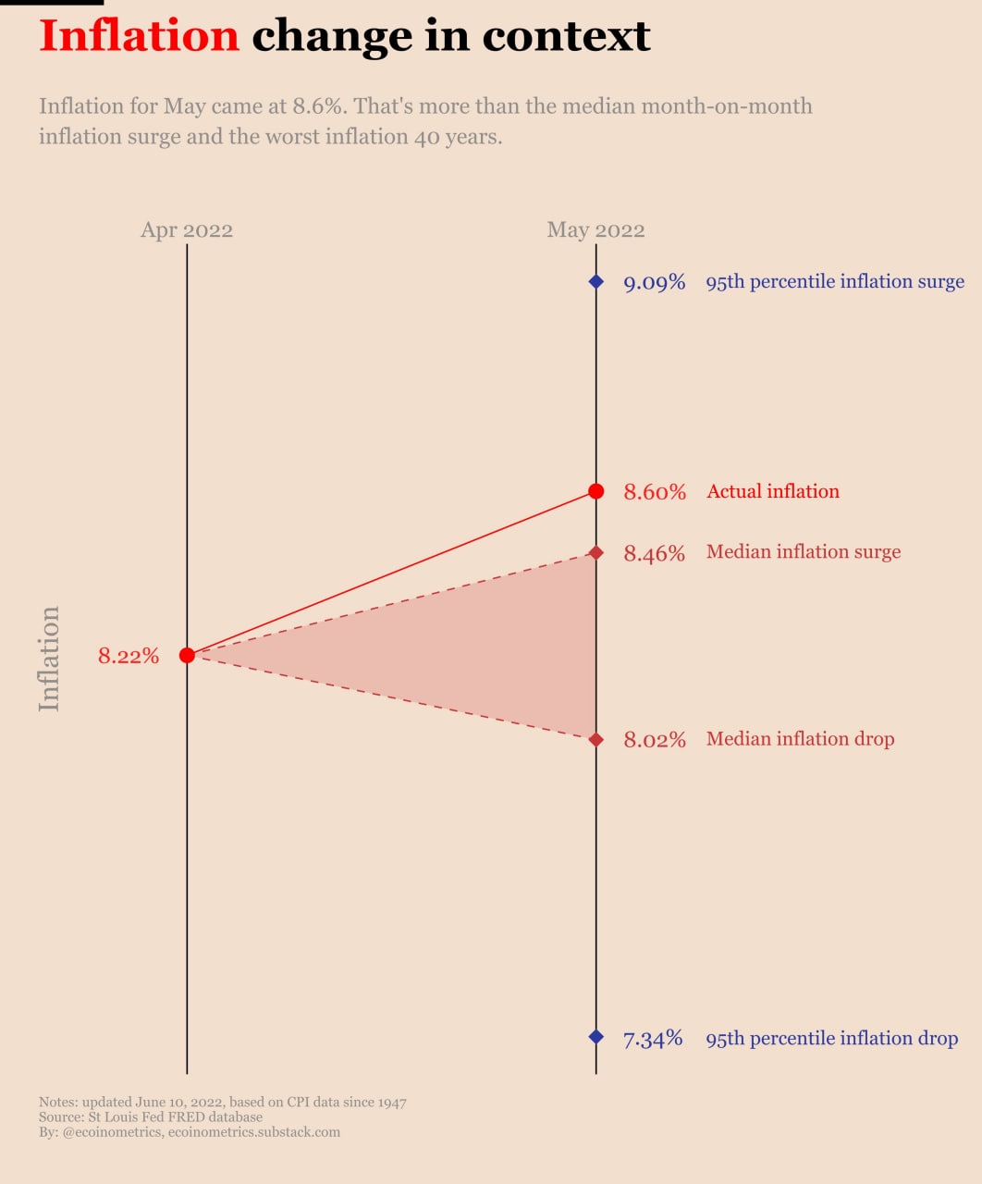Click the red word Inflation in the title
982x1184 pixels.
click(140, 36)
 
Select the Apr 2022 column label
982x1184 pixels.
click(187, 230)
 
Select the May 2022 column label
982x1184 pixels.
click(595, 230)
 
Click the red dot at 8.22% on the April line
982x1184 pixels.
click(187, 655)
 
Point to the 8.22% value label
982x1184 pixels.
click(129, 656)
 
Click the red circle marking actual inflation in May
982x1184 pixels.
click(595, 491)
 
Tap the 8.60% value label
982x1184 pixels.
click(655, 491)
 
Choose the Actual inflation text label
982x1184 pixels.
click(773, 491)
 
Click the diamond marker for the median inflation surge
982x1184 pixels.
click(595, 552)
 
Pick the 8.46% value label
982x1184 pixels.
click(655, 553)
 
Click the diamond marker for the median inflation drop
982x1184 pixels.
click(595, 739)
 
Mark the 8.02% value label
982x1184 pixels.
click(655, 739)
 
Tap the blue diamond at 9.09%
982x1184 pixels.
click(595, 281)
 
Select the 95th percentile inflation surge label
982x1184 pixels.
click(835, 282)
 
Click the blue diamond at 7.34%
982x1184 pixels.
click(595, 1037)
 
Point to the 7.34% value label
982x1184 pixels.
click(653, 1039)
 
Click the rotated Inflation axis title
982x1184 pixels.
click(49, 659)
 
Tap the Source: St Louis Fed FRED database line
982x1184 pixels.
click(150, 1116)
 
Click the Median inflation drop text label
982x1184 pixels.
click(800, 739)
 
